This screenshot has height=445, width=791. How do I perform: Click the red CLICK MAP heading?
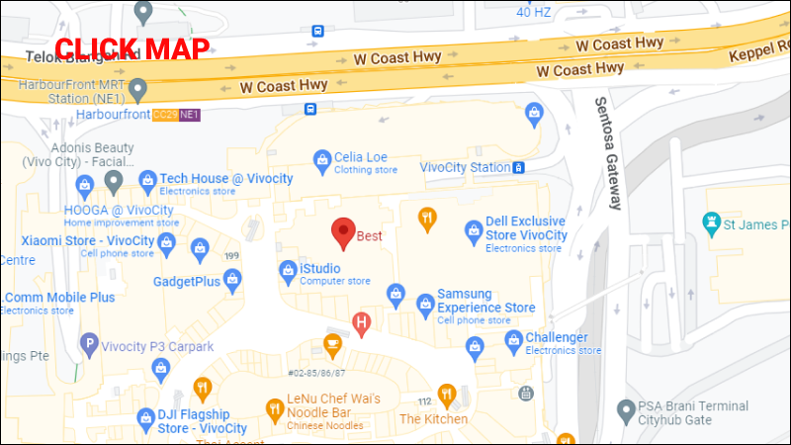[x=132, y=48]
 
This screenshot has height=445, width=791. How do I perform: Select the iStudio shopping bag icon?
[x=288, y=269]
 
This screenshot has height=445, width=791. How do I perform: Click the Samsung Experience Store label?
[x=485, y=301]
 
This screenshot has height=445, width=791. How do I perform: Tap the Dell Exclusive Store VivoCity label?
[x=526, y=228]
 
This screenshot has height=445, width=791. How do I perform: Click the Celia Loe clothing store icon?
[x=321, y=158]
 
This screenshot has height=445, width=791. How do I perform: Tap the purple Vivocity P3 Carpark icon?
[x=89, y=345]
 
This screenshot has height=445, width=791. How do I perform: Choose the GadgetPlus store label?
[x=186, y=282]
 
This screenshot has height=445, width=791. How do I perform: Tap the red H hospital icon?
[x=363, y=321]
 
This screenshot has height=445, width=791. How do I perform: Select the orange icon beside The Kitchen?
[x=446, y=394]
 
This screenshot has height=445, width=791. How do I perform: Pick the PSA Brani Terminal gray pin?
[x=624, y=409]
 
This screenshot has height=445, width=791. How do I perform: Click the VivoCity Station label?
[x=465, y=167]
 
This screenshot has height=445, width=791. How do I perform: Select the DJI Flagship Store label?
[x=194, y=420]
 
